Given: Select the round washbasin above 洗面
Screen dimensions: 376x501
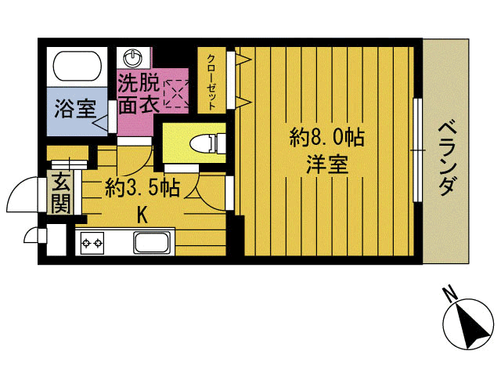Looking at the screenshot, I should pyautogui.click(x=133, y=58).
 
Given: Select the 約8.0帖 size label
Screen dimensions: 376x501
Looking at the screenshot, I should pyautogui.click(x=326, y=139).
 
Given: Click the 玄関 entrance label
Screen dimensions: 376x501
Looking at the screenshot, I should pyautogui.click(x=59, y=193).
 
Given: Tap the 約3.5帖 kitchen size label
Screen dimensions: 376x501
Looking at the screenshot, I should pyautogui.click(x=143, y=188).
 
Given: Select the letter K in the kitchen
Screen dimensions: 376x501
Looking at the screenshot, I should pyautogui.click(x=143, y=213).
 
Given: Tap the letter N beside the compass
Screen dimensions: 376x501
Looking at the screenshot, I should pyautogui.click(x=449, y=295).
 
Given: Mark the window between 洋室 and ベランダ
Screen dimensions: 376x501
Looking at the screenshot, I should pyautogui.click(x=417, y=148).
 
